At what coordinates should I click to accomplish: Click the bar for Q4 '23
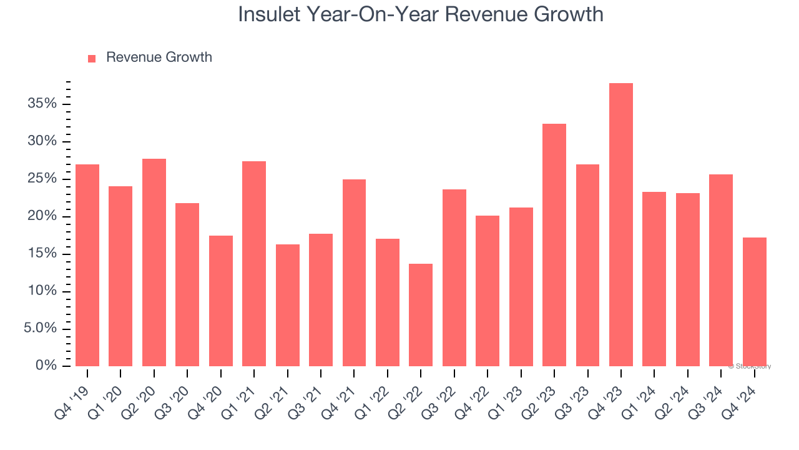point(621,225)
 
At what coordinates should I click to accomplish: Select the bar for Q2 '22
point(421,315)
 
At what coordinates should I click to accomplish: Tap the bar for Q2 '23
point(554,245)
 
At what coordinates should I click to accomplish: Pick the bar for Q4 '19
point(87,266)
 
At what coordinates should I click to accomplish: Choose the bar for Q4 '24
point(755,302)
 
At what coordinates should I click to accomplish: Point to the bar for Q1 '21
point(254,264)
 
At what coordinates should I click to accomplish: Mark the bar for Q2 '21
point(288,305)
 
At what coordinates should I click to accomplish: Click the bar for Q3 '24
point(721,270)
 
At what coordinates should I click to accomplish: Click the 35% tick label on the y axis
point(42,104)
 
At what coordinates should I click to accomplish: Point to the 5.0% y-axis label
point(40,329)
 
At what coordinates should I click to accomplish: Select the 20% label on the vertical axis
point(42,216)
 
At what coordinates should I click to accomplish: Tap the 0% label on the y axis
point(46,366)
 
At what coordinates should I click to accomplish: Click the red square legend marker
point(92,59)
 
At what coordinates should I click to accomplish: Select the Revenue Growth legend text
point(159,57)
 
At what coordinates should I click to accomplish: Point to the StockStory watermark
point(750,366)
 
